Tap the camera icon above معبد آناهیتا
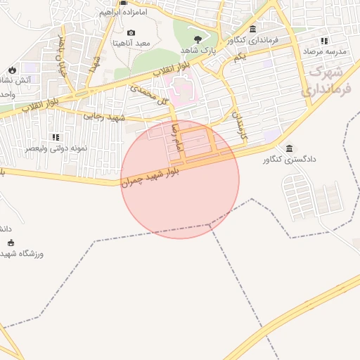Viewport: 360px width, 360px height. click(x=131, y=32)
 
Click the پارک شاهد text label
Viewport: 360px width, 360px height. click(x=196, y=51)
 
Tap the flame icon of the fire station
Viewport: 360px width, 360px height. click(x=12, y=69)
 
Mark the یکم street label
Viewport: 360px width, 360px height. click(x=239, y=57)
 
